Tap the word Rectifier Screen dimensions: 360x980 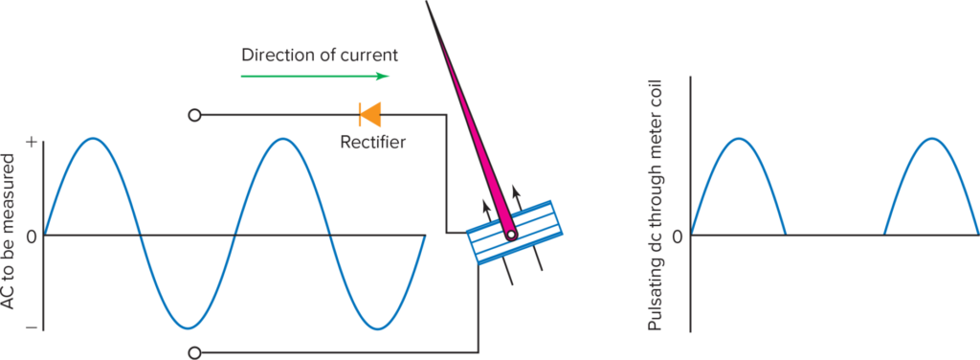[372, 143]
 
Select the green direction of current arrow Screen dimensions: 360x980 [316, 76]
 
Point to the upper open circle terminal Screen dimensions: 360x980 [194, 116]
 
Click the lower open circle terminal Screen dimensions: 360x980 [194, 351]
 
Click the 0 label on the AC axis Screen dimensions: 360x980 [31, 236]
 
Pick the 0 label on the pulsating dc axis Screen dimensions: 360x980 [678, 236]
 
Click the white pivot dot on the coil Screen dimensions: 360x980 [511, 234]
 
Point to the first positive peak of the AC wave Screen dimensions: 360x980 [92, 139]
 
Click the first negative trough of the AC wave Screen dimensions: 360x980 [188, 328]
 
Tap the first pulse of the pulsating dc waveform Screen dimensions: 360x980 [738, 140]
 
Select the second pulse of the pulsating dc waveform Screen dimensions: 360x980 [930, 140]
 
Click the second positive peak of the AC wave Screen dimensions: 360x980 [283, 139]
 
